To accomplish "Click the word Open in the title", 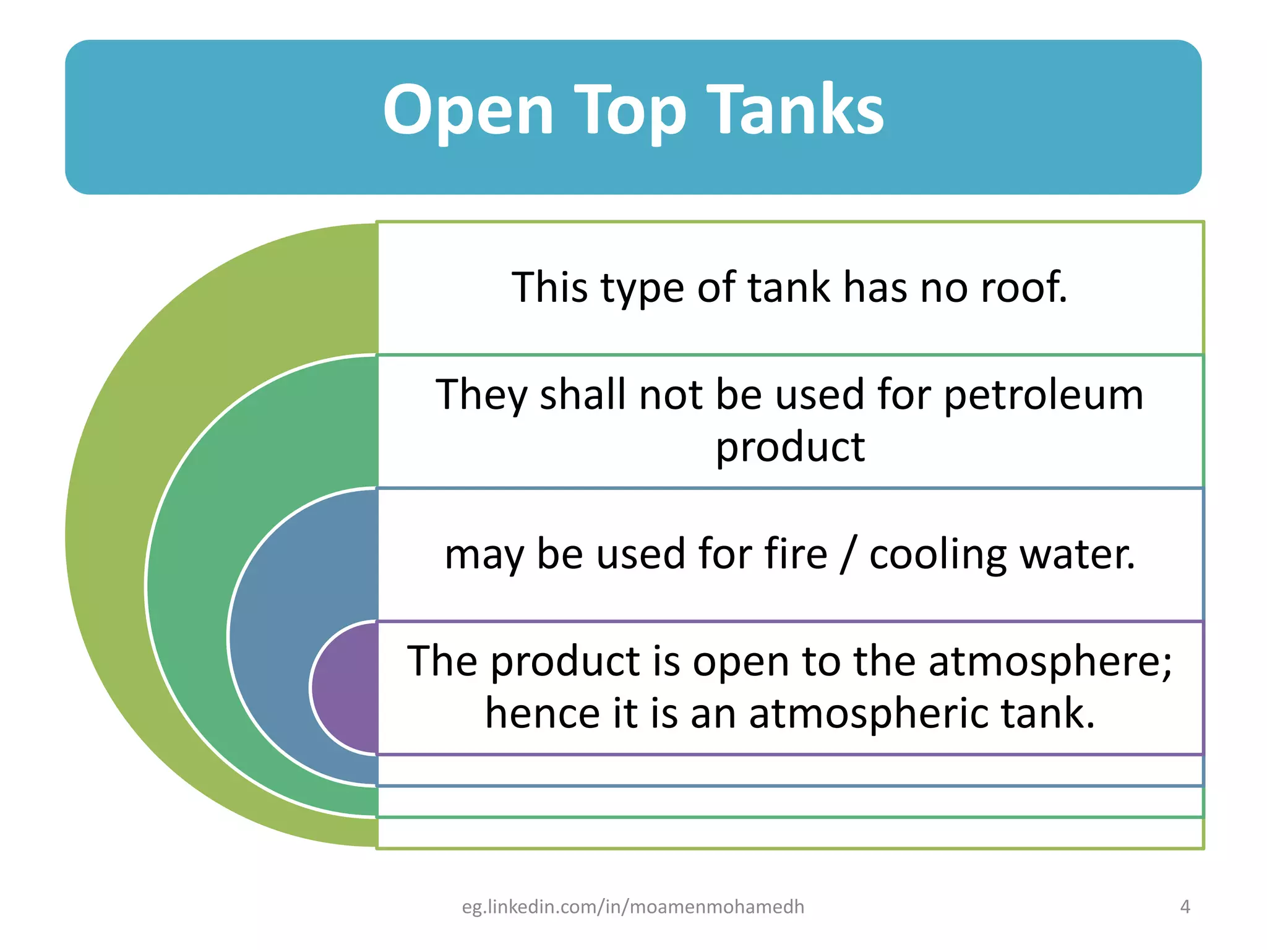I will pyautogui.click(x=468, y=111).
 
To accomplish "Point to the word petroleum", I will pyautogui.click(x=1043, y=395).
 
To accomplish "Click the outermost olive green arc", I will pyautogui.click(x=105, y=532).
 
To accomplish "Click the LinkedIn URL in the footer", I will pyautogui.click(x=633, y=907).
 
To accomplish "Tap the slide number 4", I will pyautogui.click(x=1185, y=907).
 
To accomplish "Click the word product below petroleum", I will pyautogui.click(x=790, y=447).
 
